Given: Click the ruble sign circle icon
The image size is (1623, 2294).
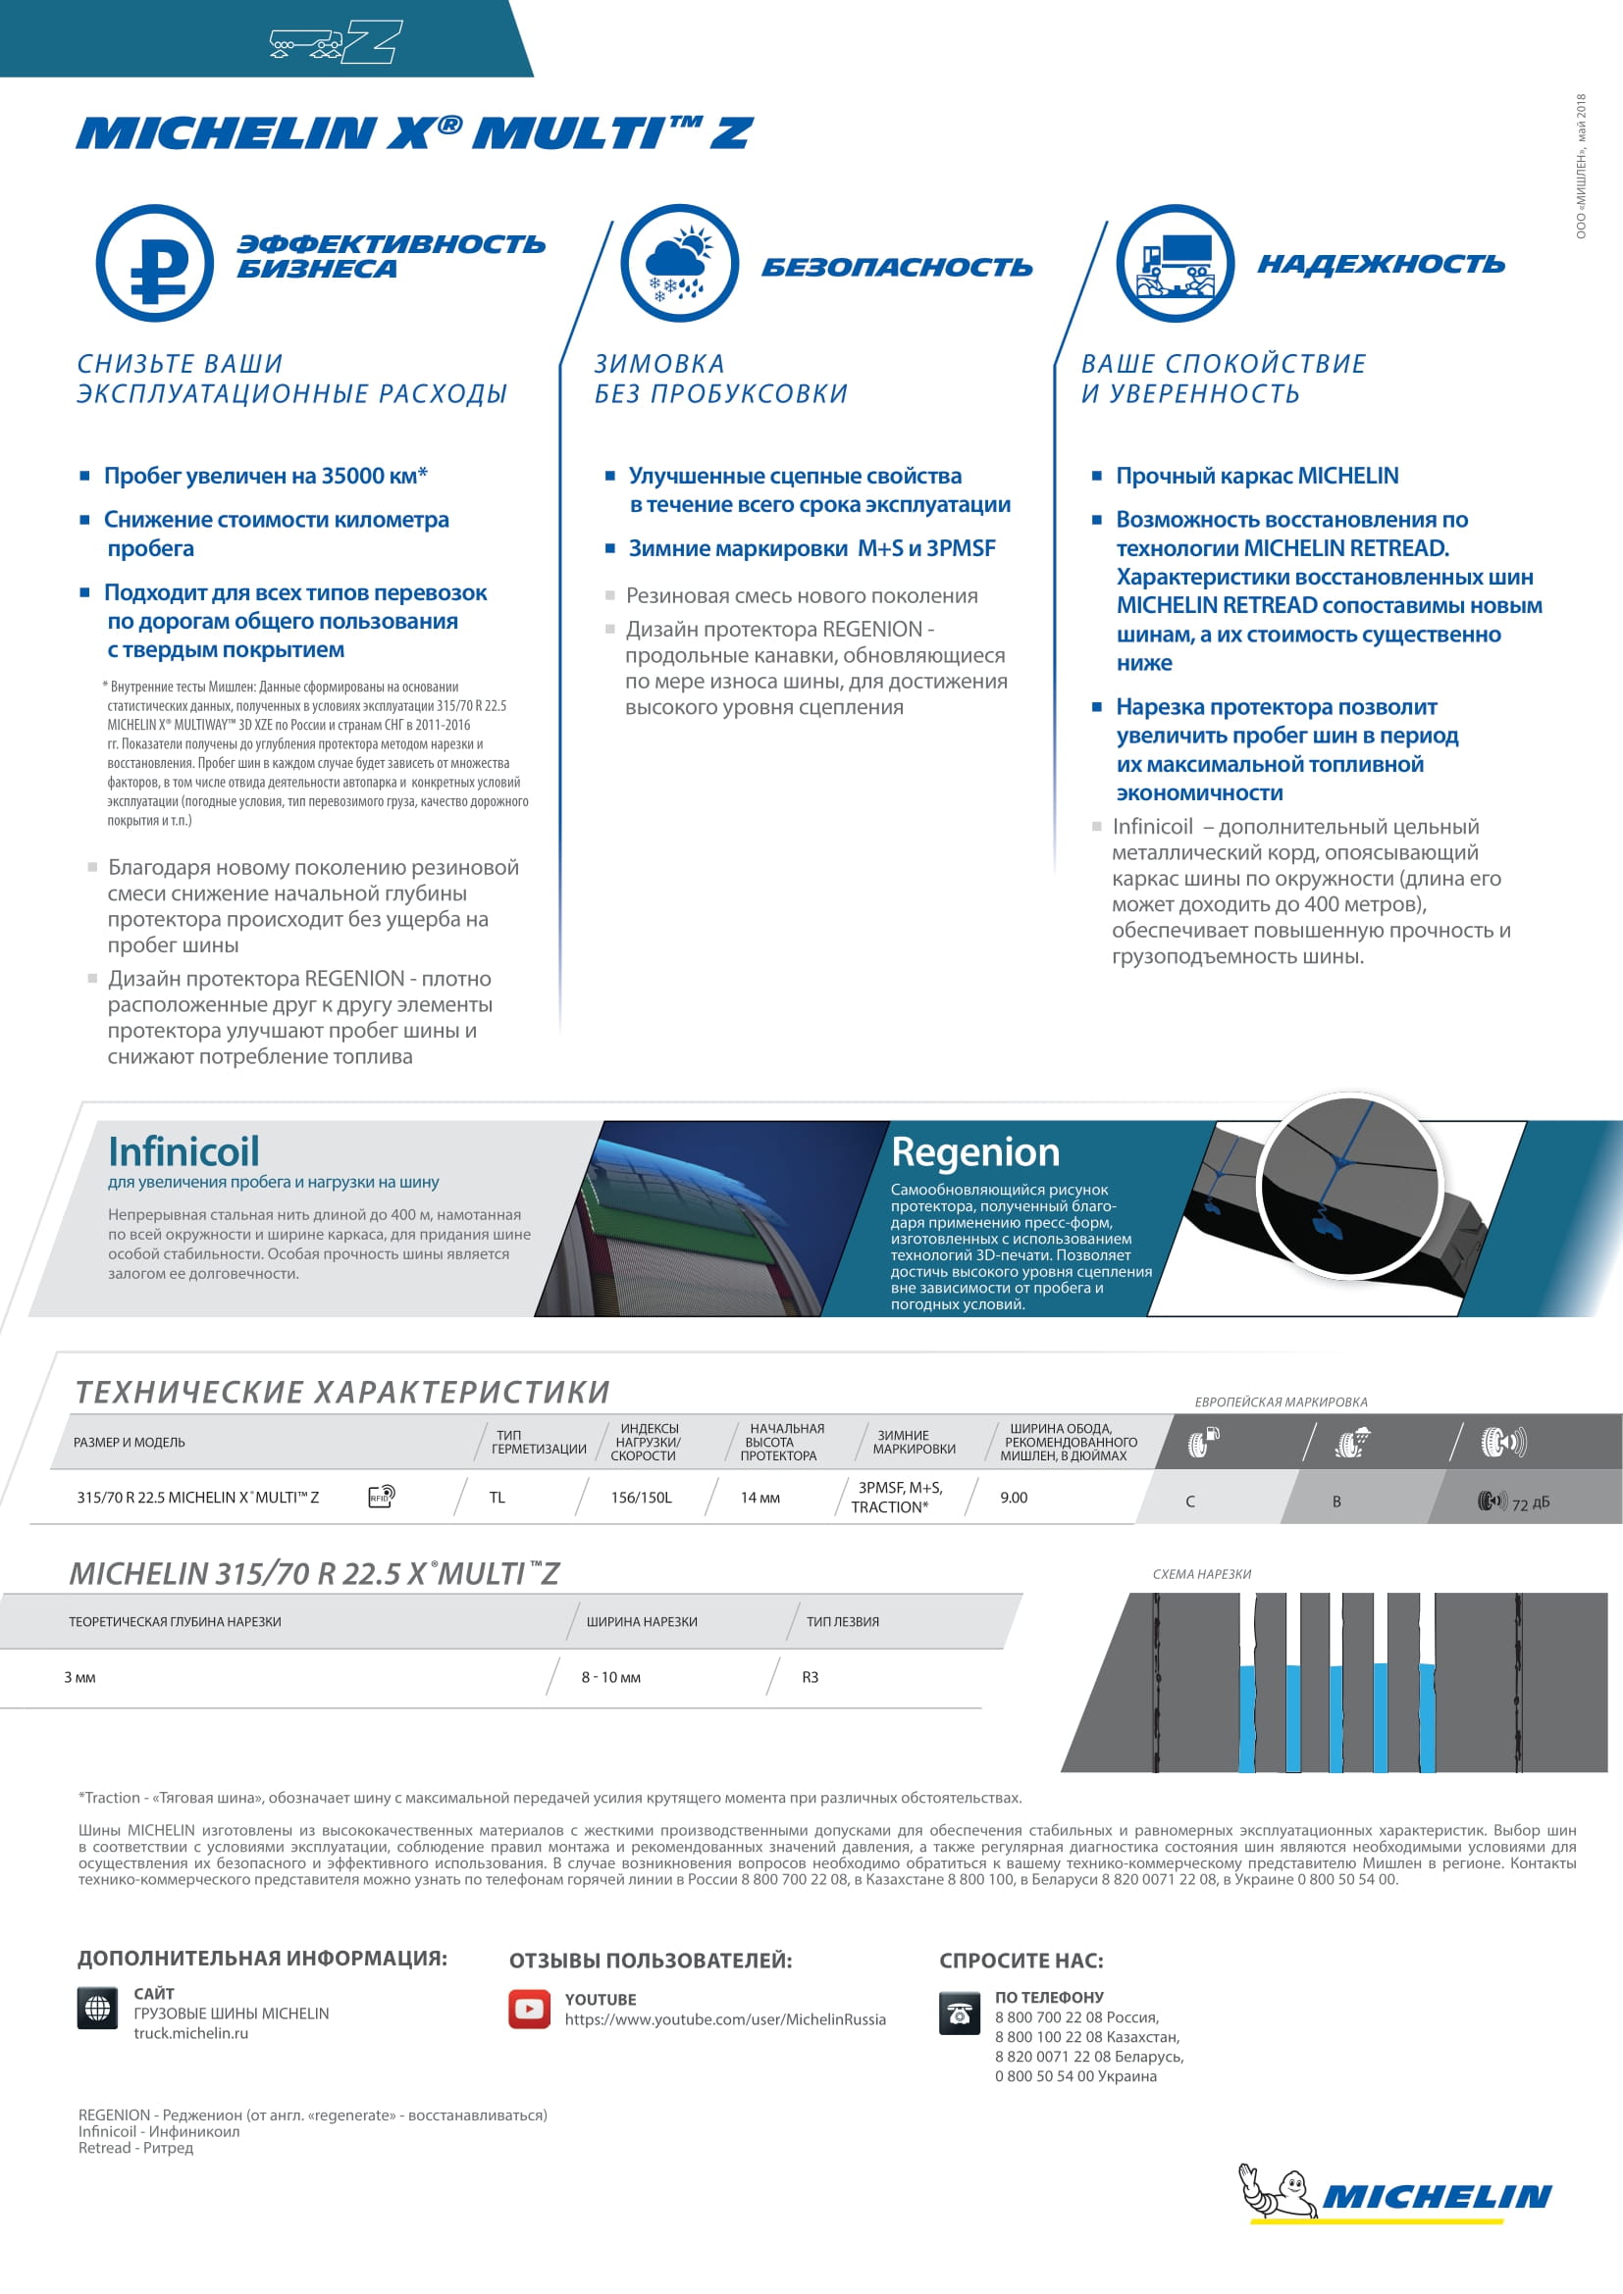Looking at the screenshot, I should coord(155,263).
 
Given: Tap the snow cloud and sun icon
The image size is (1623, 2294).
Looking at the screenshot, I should coord(680,263).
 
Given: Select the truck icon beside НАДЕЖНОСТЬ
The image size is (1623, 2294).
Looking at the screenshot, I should coord(1176,263).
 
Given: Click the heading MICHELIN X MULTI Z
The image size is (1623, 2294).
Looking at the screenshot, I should coord(414,132).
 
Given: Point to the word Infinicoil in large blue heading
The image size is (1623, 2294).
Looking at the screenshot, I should coord(183,1151).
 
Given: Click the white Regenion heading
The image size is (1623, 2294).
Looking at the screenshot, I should coord(974,1152).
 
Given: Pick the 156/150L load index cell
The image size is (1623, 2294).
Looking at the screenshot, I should coord(642,1498).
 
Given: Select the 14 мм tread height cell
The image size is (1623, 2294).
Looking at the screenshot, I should coord(759,1498).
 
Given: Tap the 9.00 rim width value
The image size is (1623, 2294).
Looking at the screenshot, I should coord(1014,1498).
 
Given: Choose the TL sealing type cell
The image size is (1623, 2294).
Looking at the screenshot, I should coord(497,1498).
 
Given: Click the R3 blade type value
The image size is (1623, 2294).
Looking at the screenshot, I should coord(810,1677).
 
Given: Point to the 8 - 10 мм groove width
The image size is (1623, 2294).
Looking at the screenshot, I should coord(610,1677).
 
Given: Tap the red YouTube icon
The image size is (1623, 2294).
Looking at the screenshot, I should coord(529,2010).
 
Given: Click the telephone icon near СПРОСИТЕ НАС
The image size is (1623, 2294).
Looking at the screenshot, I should coord(960,2014).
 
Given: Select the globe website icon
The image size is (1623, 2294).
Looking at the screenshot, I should coord(97,2008).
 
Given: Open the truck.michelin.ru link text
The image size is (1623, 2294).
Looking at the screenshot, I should coord(191,2033).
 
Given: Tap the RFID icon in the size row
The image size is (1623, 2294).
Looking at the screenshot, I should coord(382,1496).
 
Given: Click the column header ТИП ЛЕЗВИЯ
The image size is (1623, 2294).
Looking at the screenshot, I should coord(843,1621).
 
